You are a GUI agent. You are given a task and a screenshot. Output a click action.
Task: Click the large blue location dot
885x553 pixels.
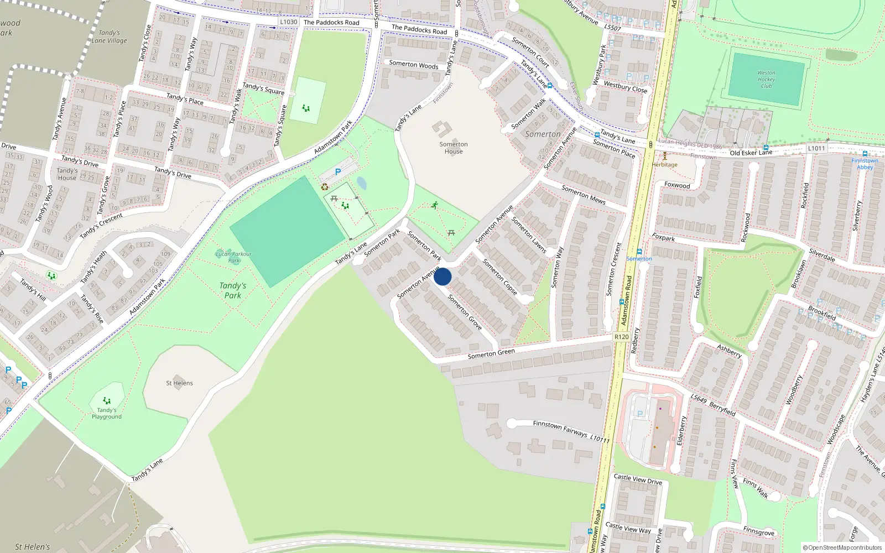coord(442,276)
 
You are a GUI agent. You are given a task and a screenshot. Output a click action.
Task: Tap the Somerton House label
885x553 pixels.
coord(454,148)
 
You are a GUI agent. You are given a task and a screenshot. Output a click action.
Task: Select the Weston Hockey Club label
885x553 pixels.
coord(766,79)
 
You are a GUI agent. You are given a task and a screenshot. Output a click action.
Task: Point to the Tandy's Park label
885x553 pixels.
coord(233,290)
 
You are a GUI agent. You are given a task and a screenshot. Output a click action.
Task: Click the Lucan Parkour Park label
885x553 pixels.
coord(233,257)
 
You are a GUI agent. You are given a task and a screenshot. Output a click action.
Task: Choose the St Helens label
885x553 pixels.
coord(180,383)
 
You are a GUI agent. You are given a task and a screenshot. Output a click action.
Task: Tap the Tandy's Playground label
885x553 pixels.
coord(107,413)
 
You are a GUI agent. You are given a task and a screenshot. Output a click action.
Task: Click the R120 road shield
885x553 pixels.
coord(621,337)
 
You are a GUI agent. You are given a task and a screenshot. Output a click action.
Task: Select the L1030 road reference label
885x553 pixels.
coord(288,22)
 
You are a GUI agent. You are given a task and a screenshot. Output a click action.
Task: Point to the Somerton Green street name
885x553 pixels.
coord(491,354)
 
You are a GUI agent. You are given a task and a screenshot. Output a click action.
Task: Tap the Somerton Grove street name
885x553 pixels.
coord(465,312)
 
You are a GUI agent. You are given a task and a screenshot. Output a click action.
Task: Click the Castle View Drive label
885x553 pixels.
coord(638,479)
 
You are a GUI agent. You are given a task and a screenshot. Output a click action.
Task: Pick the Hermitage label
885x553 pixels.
coord(664,164)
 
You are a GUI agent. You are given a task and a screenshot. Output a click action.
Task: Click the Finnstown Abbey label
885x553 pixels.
coord(865,164)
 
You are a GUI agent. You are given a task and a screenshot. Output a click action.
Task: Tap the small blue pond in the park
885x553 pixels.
coord(362,182)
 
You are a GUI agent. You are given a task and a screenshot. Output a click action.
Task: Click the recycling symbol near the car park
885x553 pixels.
coord(325,187)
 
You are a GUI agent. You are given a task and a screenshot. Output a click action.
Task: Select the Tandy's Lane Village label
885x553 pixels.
coord(110,36)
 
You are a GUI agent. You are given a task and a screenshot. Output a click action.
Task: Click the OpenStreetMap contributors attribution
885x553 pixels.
coord(842,547)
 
